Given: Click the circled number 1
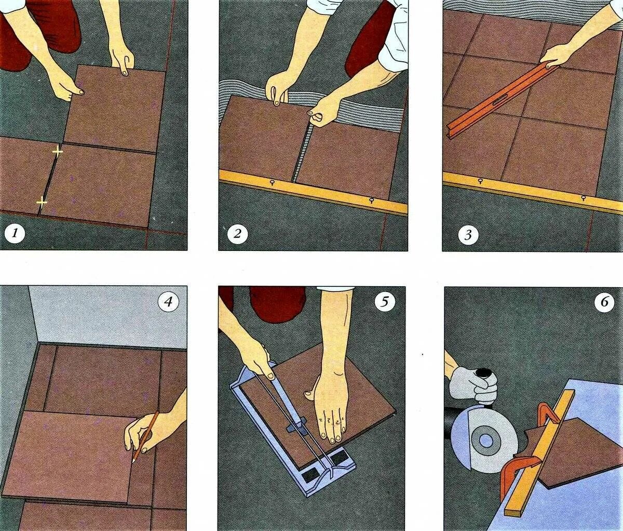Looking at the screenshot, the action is point(15,234).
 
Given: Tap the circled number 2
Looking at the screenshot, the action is point(237,234).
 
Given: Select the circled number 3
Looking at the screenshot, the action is point(468,235).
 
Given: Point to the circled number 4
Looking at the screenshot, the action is point(169,301).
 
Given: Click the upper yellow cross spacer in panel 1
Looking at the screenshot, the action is point(58,152).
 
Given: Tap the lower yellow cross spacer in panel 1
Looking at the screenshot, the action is point(42,202).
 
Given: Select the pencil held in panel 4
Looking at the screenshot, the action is point(145,438).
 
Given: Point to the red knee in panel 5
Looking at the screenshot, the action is point(278,304).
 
